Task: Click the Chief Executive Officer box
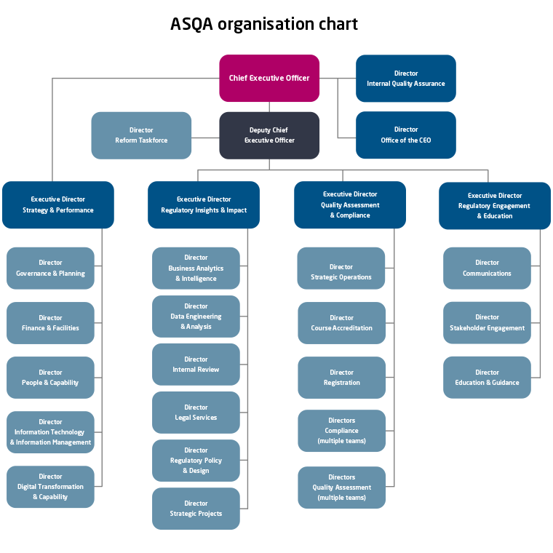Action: click(269, 78)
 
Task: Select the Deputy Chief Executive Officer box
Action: click(269, 135)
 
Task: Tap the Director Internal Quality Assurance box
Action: click(406, 79)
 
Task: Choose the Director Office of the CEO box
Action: click(406, 135)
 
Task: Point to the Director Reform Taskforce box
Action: click(141, 135)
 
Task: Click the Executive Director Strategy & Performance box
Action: click(58, 204)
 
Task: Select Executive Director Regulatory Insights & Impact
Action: click(204, 204)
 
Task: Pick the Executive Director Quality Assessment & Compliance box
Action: click(350, 204)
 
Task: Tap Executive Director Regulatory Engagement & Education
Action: click(495, 205)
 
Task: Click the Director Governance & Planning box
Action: click(50, 268)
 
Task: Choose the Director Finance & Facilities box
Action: click(50, 323)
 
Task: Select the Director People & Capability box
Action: click(50, 378)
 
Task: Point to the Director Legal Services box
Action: click(196, 413)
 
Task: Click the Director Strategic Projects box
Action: click(196, 509)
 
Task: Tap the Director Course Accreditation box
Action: click(341, 323)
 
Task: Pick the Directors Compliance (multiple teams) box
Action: click(341, 431)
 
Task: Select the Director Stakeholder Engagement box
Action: click(487, 323)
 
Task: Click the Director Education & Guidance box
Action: click(487, 378)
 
